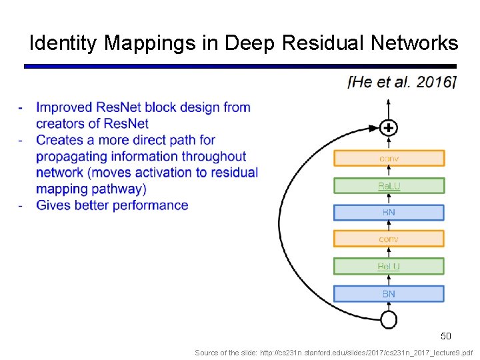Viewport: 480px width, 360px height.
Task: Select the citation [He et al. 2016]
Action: click(x=402, y=82)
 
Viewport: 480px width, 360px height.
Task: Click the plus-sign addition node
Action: click(x=389, y=128)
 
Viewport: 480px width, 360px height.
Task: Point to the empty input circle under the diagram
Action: click(x=389, y=319)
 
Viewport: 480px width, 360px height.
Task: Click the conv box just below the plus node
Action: click(x=389, y=159)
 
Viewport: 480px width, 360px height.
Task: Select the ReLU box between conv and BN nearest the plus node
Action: click(x=389, y=186)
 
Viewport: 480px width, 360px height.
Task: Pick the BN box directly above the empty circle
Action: click(x=389, y=293)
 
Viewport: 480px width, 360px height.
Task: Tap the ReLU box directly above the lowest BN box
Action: click(x=389, y=267)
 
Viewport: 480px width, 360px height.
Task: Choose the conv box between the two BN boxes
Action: click(x=389, y=239)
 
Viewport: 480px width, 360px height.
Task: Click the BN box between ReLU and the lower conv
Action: click(x=389, y=212)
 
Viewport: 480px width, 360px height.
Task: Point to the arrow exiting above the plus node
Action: click(x=389, y=107)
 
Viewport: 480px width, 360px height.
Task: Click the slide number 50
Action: click(x=445, y=336)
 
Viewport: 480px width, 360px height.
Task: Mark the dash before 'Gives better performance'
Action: click(x=21, y=205)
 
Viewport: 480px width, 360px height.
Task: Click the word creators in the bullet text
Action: click(x=61, y=123)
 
